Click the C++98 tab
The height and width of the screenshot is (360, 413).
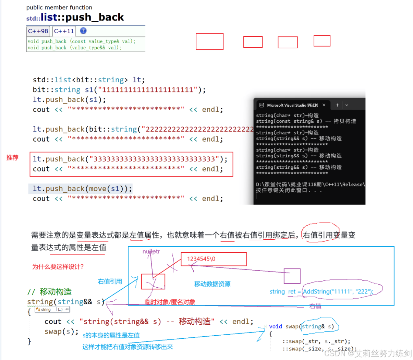tap(38, 31)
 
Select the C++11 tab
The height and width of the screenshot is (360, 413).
tap(64, 31)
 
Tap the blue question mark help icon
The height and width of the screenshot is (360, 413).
tap(83, 31)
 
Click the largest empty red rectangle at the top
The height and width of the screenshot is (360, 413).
tap(209, 41)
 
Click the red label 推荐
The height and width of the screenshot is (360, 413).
tap(12, 158)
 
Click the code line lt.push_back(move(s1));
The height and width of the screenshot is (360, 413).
tap(82, 189)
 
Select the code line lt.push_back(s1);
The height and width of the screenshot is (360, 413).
tap(69, 100)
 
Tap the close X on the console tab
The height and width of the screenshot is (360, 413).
tap(324, 105)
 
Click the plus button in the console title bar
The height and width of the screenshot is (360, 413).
tap(337, 105)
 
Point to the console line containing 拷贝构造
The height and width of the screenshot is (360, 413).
tap(306, 121)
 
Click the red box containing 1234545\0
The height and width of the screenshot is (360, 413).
tap(214, 259)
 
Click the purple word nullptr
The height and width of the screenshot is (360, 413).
tap(151, 252)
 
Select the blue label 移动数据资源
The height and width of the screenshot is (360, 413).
tap(212, 284)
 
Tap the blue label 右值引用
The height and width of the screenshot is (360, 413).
tap(110, 281)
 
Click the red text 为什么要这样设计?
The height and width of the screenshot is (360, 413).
tap(58, 267)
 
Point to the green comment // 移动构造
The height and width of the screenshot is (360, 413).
tap(50, 292)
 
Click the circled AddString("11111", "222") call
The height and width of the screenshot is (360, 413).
tap(338, 291)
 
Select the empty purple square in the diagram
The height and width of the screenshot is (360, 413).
tap(292, 276)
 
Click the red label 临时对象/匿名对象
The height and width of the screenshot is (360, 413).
tap(170, 302)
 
